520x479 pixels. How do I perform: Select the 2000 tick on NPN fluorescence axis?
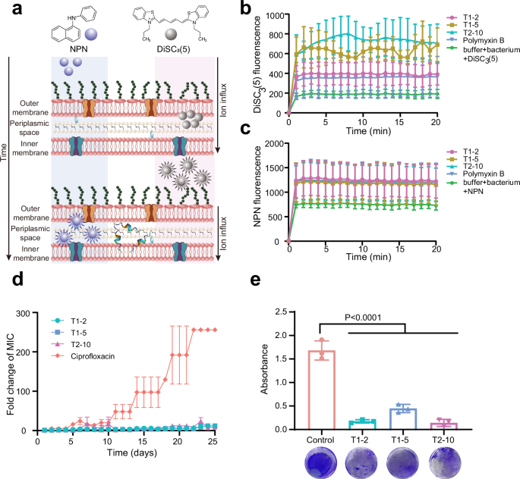coord(272,142)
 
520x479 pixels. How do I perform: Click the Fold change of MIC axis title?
coord(10,362)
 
